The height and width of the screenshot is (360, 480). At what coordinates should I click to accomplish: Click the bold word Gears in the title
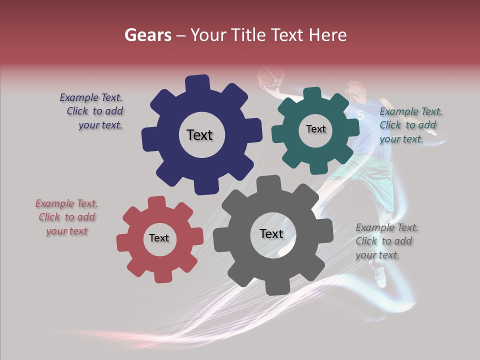coord(147,35)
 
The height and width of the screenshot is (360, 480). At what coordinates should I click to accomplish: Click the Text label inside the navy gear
coord(199,135)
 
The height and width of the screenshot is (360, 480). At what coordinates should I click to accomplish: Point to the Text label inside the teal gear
coord(315,129)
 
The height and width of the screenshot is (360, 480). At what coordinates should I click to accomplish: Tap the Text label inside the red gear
coord(159,238)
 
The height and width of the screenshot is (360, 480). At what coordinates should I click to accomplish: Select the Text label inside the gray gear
coord(271,233)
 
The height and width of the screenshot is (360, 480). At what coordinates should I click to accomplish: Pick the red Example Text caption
coord(66,217)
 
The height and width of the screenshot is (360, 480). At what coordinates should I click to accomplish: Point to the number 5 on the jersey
coord(361,115)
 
